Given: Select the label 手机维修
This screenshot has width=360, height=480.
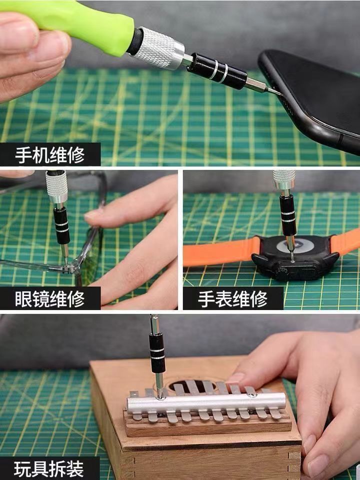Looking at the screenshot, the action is pos(49,155).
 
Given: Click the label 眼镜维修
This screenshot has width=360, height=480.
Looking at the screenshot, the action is pos(49,299).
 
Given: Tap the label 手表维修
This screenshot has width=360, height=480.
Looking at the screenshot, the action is pos(232,299).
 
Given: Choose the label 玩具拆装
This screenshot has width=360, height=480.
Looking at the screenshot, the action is pos(49,468).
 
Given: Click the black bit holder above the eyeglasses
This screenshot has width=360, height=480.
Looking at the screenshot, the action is pos(61,225).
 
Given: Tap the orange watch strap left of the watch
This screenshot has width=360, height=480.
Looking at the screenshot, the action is pos(221,251).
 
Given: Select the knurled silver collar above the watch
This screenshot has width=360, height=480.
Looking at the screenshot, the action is pos(284,180).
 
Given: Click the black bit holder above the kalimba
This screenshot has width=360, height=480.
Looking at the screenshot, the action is pos(157,352).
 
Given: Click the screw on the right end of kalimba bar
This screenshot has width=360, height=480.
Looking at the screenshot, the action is pos(251,395).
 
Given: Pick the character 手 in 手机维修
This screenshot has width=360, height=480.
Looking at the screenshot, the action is pos(23,155).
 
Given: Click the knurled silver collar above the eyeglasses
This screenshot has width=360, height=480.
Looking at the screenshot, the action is pos(56,186).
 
